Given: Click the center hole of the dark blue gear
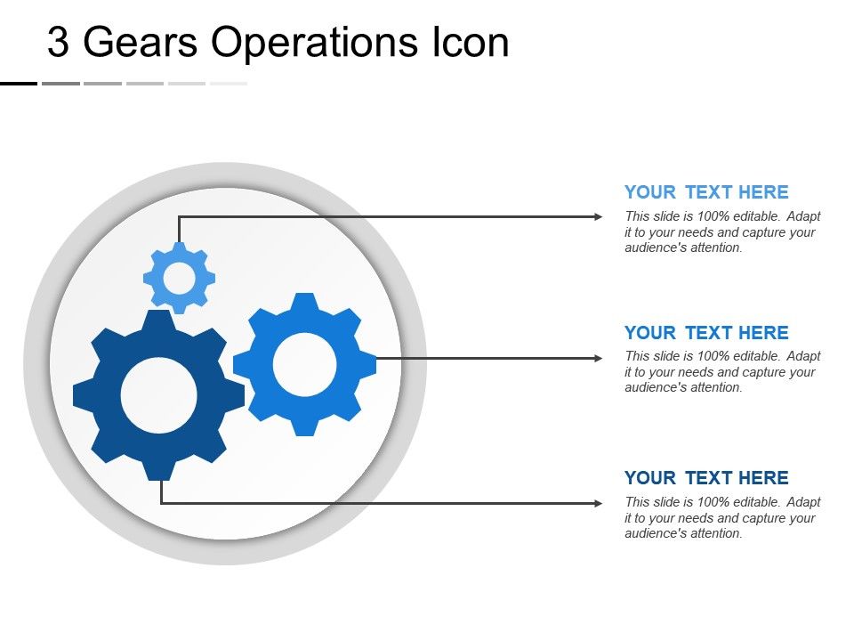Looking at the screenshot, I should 158,395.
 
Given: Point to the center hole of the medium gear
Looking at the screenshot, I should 304,364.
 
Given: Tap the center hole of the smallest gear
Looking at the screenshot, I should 179,279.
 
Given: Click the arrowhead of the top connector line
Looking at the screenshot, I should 597,216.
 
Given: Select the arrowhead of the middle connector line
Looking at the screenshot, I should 597,358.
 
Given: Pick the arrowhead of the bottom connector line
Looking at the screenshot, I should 597,503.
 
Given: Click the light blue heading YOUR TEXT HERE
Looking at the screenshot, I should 706,192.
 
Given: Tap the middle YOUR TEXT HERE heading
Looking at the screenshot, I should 706,333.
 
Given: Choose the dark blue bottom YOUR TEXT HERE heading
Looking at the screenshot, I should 706,478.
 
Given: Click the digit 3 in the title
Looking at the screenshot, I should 58,43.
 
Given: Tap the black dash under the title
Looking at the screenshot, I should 19,83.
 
